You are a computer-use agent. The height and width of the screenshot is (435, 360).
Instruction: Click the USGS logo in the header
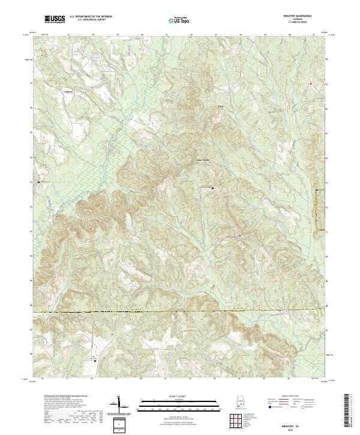pyautogui.click(x=55, y=20)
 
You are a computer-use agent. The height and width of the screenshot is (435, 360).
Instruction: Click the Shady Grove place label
pyautogui.click(x=203, y=160)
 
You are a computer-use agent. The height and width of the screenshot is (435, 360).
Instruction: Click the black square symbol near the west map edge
pyautogui.click(x=39, y=181)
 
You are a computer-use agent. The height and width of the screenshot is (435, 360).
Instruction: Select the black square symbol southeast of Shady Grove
pyautogui.click(x=212, y=188)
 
